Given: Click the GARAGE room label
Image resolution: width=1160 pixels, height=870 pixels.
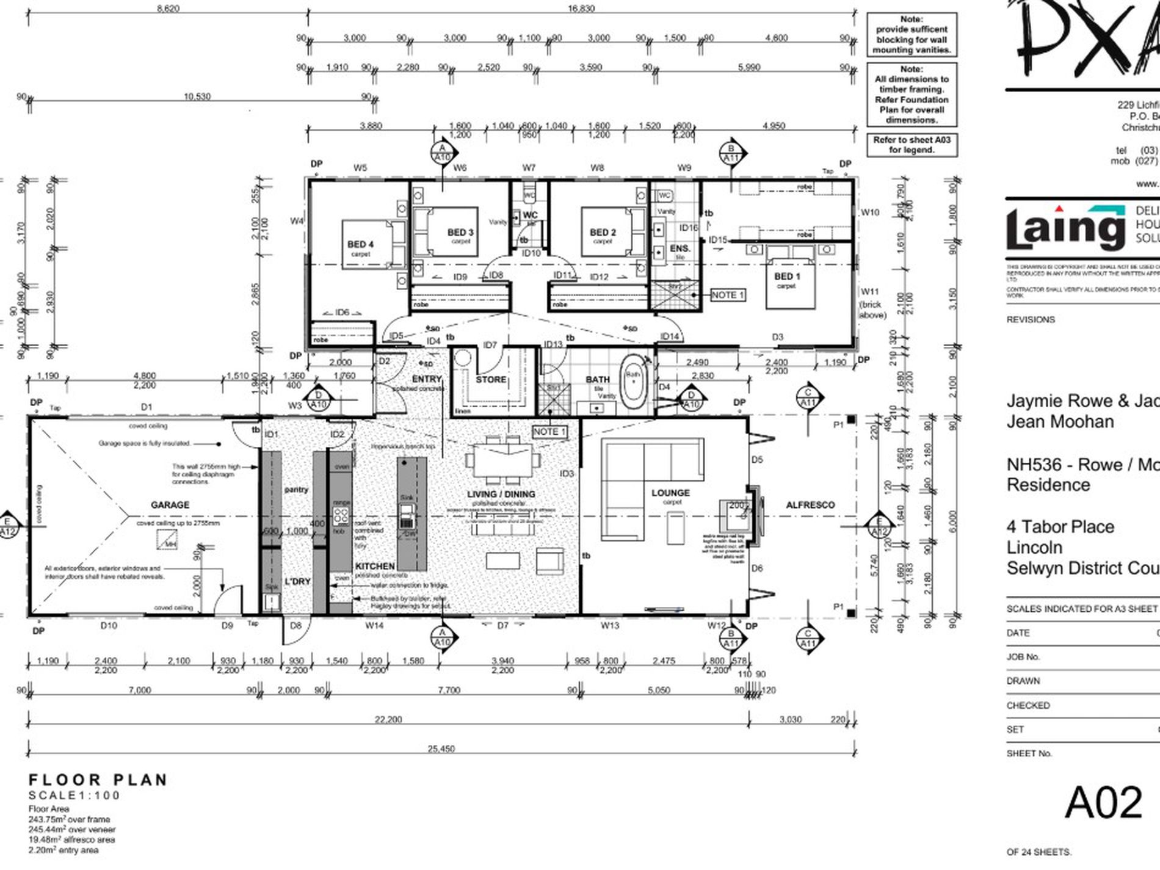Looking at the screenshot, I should click(x=170, y=505).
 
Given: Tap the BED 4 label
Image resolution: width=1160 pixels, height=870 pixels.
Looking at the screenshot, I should click(x=360, y=244).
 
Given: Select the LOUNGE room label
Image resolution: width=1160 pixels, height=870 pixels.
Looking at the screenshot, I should click(x=670, y=493).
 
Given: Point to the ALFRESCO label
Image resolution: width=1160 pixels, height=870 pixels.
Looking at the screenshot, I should click(x=810, y=505).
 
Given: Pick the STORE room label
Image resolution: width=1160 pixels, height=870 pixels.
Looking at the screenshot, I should click(x=491, y=380).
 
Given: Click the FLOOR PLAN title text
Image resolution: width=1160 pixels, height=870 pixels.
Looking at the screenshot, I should click(x=98, y=780).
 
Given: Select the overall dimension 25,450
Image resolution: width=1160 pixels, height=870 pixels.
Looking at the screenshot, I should click(x=441, y=749).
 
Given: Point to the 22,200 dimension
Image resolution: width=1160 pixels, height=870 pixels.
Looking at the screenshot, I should click(x=388, y=720).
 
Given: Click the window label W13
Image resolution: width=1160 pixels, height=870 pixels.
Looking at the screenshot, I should click(x=609, y=625).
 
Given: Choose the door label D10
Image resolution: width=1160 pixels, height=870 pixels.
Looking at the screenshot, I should click(x=109, y=625).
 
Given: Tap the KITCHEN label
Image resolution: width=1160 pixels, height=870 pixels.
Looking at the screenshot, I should click(x=375, y=567).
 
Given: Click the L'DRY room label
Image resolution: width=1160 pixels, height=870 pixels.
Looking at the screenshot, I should click(x=297, y=581).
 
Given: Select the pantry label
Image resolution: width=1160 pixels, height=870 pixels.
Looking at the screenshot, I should click(x=296, y=490).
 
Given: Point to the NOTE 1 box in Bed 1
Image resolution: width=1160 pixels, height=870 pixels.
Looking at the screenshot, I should click(x=728, y=295).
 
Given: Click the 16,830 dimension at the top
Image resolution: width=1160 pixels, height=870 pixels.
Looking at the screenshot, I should click(x=581, y=9).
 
